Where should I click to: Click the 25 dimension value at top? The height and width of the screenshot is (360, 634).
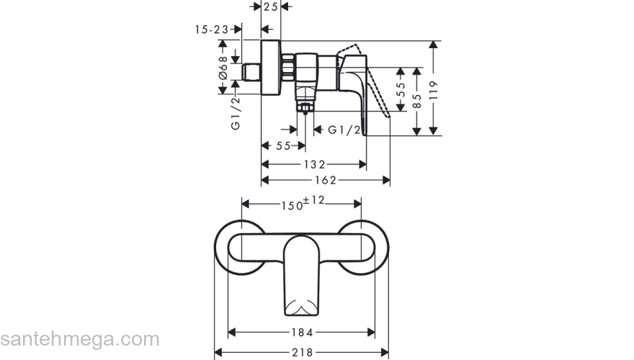pos(271,6)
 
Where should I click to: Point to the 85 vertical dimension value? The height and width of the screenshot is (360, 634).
pos(416,99)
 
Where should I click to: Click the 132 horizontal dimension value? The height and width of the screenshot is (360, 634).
pos(314,164)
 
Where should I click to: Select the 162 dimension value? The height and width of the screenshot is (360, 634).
pos(325,179)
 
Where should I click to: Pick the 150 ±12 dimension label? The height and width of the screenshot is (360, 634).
pos(303,203)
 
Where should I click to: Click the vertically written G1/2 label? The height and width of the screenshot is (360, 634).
pos(236,114)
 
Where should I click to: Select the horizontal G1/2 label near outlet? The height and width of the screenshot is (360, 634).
pos(344,130)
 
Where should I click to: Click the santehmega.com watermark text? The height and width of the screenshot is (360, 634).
pos(79,339)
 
